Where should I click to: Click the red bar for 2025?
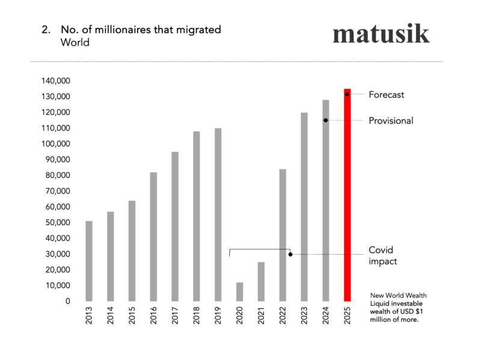pyautogui.click(x=347, y=195)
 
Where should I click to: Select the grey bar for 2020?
pyautogui.click(x=239, y=291)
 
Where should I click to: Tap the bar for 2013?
pyautogui.click(x=89, y=261)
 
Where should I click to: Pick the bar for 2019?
pyautogui.click(x=218, y=214)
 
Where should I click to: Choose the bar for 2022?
pyautogui.click(x=283, y=235)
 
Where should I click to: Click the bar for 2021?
pyautogui.click(x=261, y=281)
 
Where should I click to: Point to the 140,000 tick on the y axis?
pyautogui.click(x=56, y=81)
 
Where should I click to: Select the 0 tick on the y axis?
pyautogui.click(x=68, y=301)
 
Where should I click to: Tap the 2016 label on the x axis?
pyautogui.click(x=153, y=317)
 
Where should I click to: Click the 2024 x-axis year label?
pyautogui.click(x=325, y=317)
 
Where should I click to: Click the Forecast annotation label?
pyautogui.click(x=386, y=94)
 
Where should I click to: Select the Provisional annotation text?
pyautogui.click(x=391, y=121)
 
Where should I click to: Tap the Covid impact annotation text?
pyautogui.click(x=382, y=255)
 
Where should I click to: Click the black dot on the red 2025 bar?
pyautogui.click(x=347, y=94)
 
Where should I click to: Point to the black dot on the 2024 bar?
pyautogui.click(x=325, y=120)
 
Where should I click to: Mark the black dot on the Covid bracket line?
pyautogui.click(x=290, y=254)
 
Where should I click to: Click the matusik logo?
pyautogui.click(x=381, y=34)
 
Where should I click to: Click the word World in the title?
pyautogui.click(x=75, y=43)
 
